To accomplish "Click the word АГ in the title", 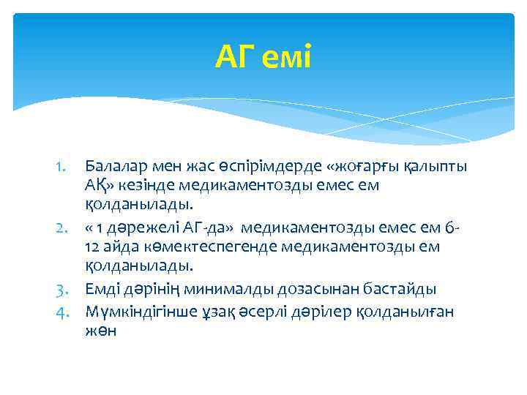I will [x=231, y=57].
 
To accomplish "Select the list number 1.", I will [x=64, y=168].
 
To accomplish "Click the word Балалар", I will [x=113, y=168].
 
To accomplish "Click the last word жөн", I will [x=101, y=331].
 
